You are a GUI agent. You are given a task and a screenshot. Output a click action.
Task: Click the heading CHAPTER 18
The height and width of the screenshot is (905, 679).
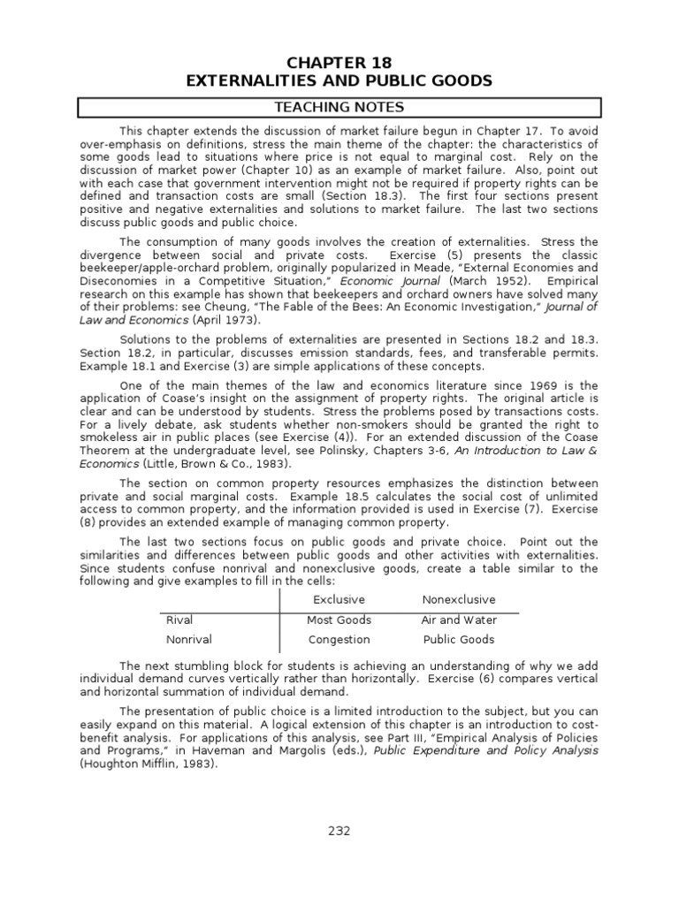[x=339, y=63]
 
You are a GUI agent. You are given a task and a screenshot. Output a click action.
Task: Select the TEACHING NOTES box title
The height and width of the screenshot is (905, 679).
[x=339, y=108]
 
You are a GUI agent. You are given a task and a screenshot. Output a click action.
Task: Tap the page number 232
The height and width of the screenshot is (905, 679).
[x=339, y=830]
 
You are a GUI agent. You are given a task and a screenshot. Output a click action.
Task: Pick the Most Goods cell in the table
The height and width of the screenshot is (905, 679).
[x=339, y=620]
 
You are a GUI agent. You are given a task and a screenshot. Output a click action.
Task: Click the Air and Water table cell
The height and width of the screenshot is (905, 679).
[x=459, y=620]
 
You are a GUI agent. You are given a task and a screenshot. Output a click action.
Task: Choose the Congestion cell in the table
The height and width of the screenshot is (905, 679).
[x=339, y=640]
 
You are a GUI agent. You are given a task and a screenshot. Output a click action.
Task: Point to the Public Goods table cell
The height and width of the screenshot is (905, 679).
[x=459, y=640]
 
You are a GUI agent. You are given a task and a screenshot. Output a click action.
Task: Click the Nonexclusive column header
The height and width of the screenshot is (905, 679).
[x=459, y=599]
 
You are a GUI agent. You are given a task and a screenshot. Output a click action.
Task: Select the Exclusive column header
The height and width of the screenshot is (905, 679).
[x=339, y=599]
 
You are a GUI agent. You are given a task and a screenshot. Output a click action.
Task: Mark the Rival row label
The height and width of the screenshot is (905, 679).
[x=179, y=620]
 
